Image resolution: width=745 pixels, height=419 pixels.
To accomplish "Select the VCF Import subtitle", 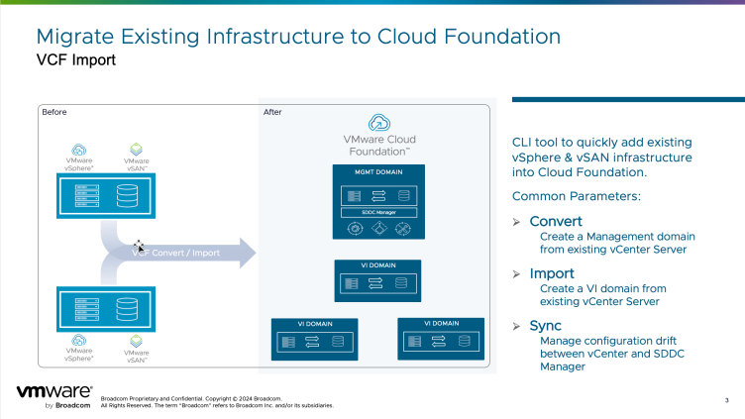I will [75, 60].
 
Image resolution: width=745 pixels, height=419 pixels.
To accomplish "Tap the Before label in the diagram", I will [54, 112].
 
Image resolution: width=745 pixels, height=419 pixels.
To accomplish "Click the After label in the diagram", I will [272, 112].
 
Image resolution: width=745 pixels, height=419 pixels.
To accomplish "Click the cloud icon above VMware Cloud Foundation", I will [379, 123].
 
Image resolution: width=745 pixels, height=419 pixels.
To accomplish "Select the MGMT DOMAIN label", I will [377, 173].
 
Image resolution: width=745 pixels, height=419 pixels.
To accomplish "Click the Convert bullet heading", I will [556, 221].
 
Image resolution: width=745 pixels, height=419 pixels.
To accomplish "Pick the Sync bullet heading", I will [546, 326].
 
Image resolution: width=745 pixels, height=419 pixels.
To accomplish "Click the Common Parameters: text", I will [561, 197].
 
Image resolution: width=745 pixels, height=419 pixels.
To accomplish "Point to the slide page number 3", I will [727, 400].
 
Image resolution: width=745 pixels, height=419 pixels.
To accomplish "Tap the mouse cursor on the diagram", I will [140, 244].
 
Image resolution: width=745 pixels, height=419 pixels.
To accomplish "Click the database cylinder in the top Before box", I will [127, 194].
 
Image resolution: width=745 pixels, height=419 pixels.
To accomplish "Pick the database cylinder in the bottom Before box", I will [127, 309].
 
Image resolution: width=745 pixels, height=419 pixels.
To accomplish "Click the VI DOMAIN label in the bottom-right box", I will [441, 323].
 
